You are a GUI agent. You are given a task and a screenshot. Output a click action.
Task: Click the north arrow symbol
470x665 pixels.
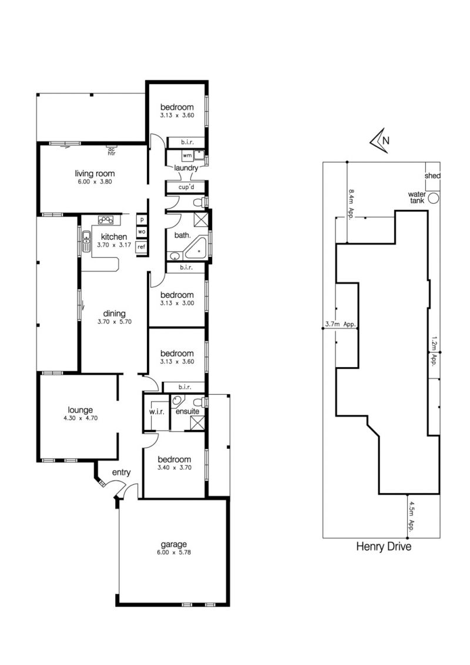tap(379, 140)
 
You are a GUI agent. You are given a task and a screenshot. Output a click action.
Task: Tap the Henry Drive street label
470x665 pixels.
tap(384, 546)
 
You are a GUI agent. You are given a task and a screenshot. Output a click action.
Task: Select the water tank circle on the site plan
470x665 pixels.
tap(433, 197)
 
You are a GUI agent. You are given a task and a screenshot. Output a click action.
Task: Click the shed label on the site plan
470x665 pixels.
tap(432, 176)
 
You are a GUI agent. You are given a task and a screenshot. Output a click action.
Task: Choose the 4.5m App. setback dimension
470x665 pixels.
tap(411, 516)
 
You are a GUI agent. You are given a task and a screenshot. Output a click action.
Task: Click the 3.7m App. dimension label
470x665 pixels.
tap(340, 324)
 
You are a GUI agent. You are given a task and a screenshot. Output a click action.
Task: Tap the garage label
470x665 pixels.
tap(173, 545)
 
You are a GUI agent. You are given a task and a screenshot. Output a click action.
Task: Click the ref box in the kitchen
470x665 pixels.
tap(141, 246)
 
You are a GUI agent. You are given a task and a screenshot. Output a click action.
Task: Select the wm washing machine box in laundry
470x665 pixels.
tap(187, 156)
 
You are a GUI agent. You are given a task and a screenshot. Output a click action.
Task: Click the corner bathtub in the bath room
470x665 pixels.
tap(196, 249)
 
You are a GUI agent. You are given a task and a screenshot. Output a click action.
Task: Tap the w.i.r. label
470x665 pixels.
tap(156, 412)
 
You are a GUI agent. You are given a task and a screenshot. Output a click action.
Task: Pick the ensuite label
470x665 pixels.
tap(187, 411)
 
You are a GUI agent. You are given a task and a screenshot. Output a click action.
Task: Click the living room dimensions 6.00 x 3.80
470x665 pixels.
tap(95, 182)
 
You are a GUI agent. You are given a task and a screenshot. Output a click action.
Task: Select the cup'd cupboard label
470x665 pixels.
tap(186, 187)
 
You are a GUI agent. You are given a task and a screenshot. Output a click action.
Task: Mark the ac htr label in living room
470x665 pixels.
tap(112, 152)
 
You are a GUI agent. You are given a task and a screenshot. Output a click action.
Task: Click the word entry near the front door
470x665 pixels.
tap(121, 473)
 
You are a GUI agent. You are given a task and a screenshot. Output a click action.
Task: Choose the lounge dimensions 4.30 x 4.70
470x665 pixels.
tap(80, 418)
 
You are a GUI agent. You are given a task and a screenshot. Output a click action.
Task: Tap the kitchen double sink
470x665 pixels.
tap(86, 241)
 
